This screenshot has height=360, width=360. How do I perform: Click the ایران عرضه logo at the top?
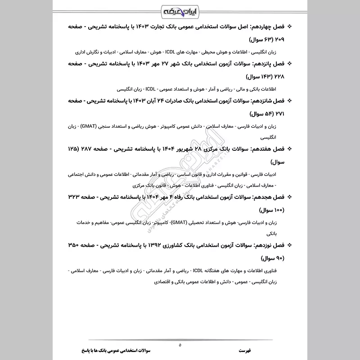coord(180,10)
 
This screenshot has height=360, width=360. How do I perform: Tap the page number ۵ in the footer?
coord(180,345)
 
